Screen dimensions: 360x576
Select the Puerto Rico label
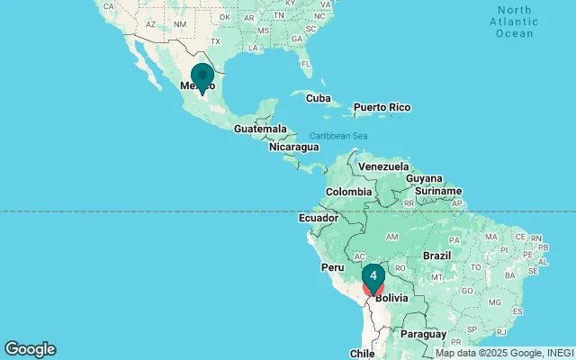click(x=382, y=108)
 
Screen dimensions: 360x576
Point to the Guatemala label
click(x=260, y=129)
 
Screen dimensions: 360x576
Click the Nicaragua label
click(x=293, y=147)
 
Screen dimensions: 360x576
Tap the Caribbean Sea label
click(x=340, y=136)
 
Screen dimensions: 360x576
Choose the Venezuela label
click(x=383, y=166)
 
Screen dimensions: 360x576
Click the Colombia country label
click(x=348, y=192)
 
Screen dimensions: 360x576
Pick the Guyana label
click(x=424, y=179)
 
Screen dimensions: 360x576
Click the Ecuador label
click(x=319, y=218)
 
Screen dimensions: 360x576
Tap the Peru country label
click(x=333, y=267)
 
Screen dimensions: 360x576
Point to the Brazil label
click(x=437, y=256)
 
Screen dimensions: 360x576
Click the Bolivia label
click(x=392, y=297)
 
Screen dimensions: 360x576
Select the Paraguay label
click(x=423, y=334)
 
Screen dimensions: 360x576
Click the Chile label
click(x=362, y=354)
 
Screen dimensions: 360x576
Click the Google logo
click(x=30, y=349)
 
